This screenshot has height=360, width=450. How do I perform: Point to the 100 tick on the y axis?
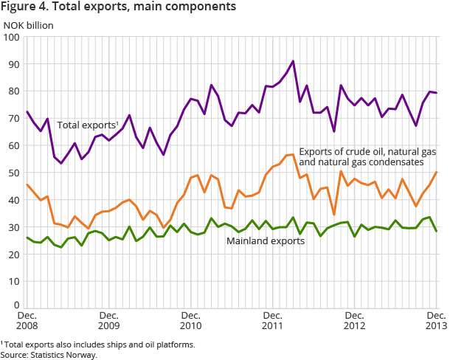[x=13, y=37]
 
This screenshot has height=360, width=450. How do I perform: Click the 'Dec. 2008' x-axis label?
[x=27, y=319]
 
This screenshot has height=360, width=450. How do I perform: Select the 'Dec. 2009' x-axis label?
[x=108, y=319]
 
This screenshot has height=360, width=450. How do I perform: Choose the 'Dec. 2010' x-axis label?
[x=190, y=319]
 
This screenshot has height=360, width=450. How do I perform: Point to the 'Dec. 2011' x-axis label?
[x=272, y=319]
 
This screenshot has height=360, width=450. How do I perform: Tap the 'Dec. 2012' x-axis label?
[x=354, y=319]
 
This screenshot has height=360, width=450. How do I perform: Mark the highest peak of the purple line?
[x=293, y=61]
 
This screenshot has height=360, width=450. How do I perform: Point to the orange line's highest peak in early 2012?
[x=293, y=154]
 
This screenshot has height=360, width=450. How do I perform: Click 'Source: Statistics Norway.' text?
[x=49, y=355]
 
